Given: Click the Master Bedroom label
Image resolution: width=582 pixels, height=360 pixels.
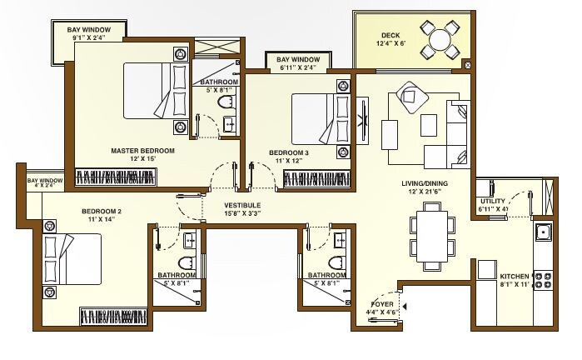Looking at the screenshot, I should pos(142,151).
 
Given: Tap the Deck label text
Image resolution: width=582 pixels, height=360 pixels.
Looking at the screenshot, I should pos(391,35).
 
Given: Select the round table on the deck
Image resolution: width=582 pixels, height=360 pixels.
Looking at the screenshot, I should pos(438,38).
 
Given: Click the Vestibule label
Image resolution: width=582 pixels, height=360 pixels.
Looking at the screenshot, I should pos(242,205).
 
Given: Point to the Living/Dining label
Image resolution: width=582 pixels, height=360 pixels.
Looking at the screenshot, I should pos(425,187).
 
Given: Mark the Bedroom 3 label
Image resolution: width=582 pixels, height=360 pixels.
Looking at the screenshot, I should pos(289,152).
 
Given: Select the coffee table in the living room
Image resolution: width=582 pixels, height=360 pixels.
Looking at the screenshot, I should pos(429,125).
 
